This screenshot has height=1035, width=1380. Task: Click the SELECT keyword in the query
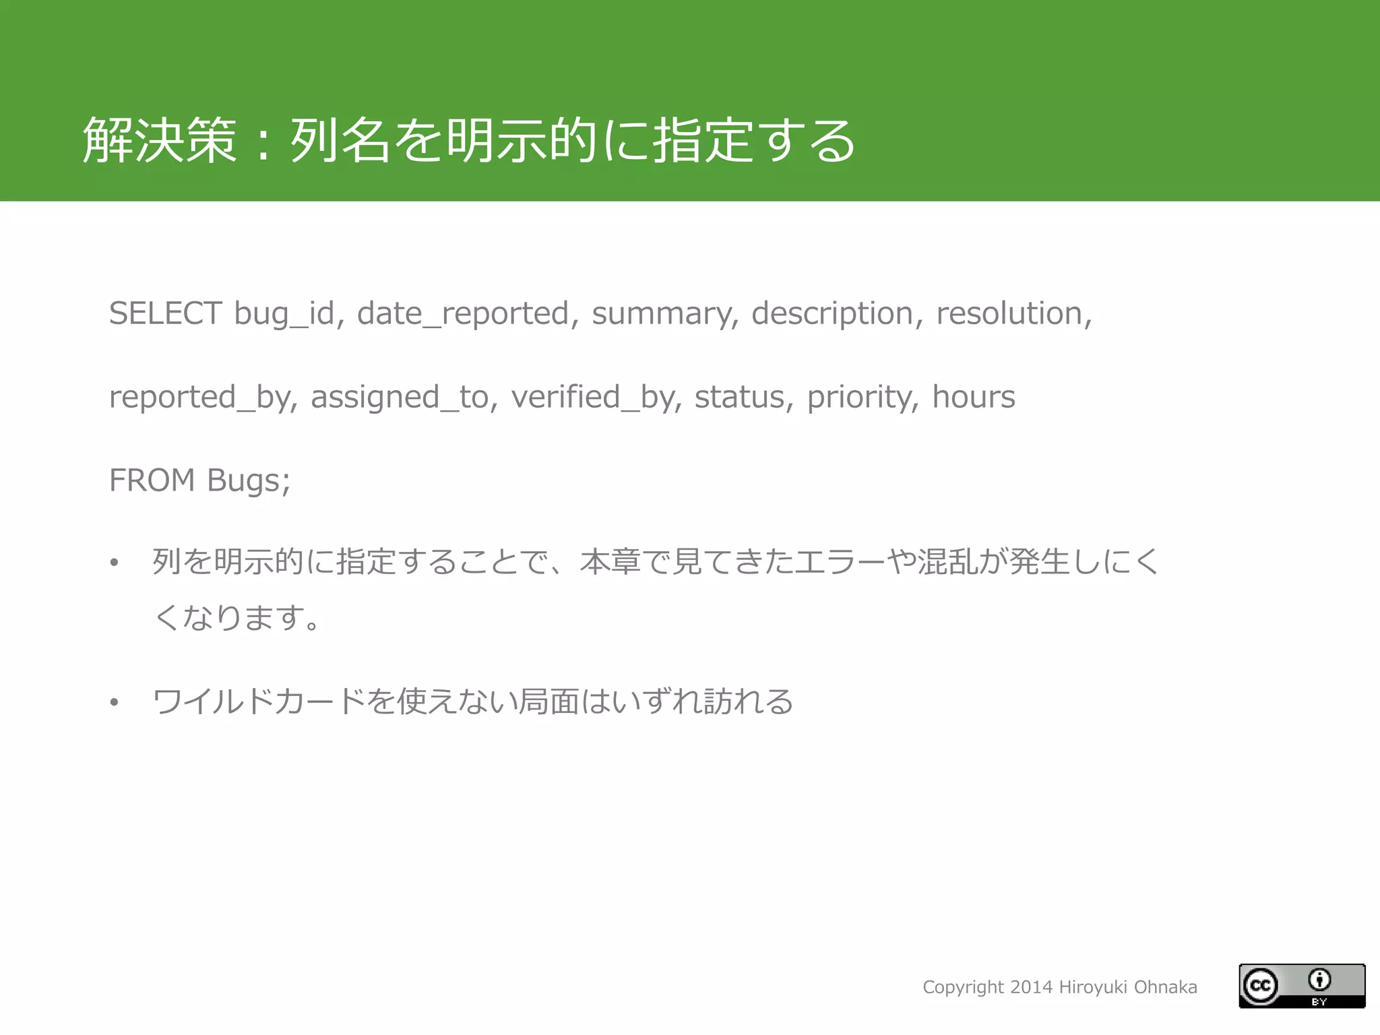165,313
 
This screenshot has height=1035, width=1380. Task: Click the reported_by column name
202,397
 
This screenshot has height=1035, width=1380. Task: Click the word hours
973,397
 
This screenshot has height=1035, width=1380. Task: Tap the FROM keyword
152,480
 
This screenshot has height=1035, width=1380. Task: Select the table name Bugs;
249,480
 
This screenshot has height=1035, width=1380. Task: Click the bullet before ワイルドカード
115,703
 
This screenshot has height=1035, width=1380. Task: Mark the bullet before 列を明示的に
115,563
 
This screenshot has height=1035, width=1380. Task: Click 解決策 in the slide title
160,140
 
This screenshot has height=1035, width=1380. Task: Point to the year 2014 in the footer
1032,987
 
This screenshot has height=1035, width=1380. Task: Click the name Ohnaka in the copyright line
1165,987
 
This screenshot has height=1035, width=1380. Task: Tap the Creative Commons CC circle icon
1260,986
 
